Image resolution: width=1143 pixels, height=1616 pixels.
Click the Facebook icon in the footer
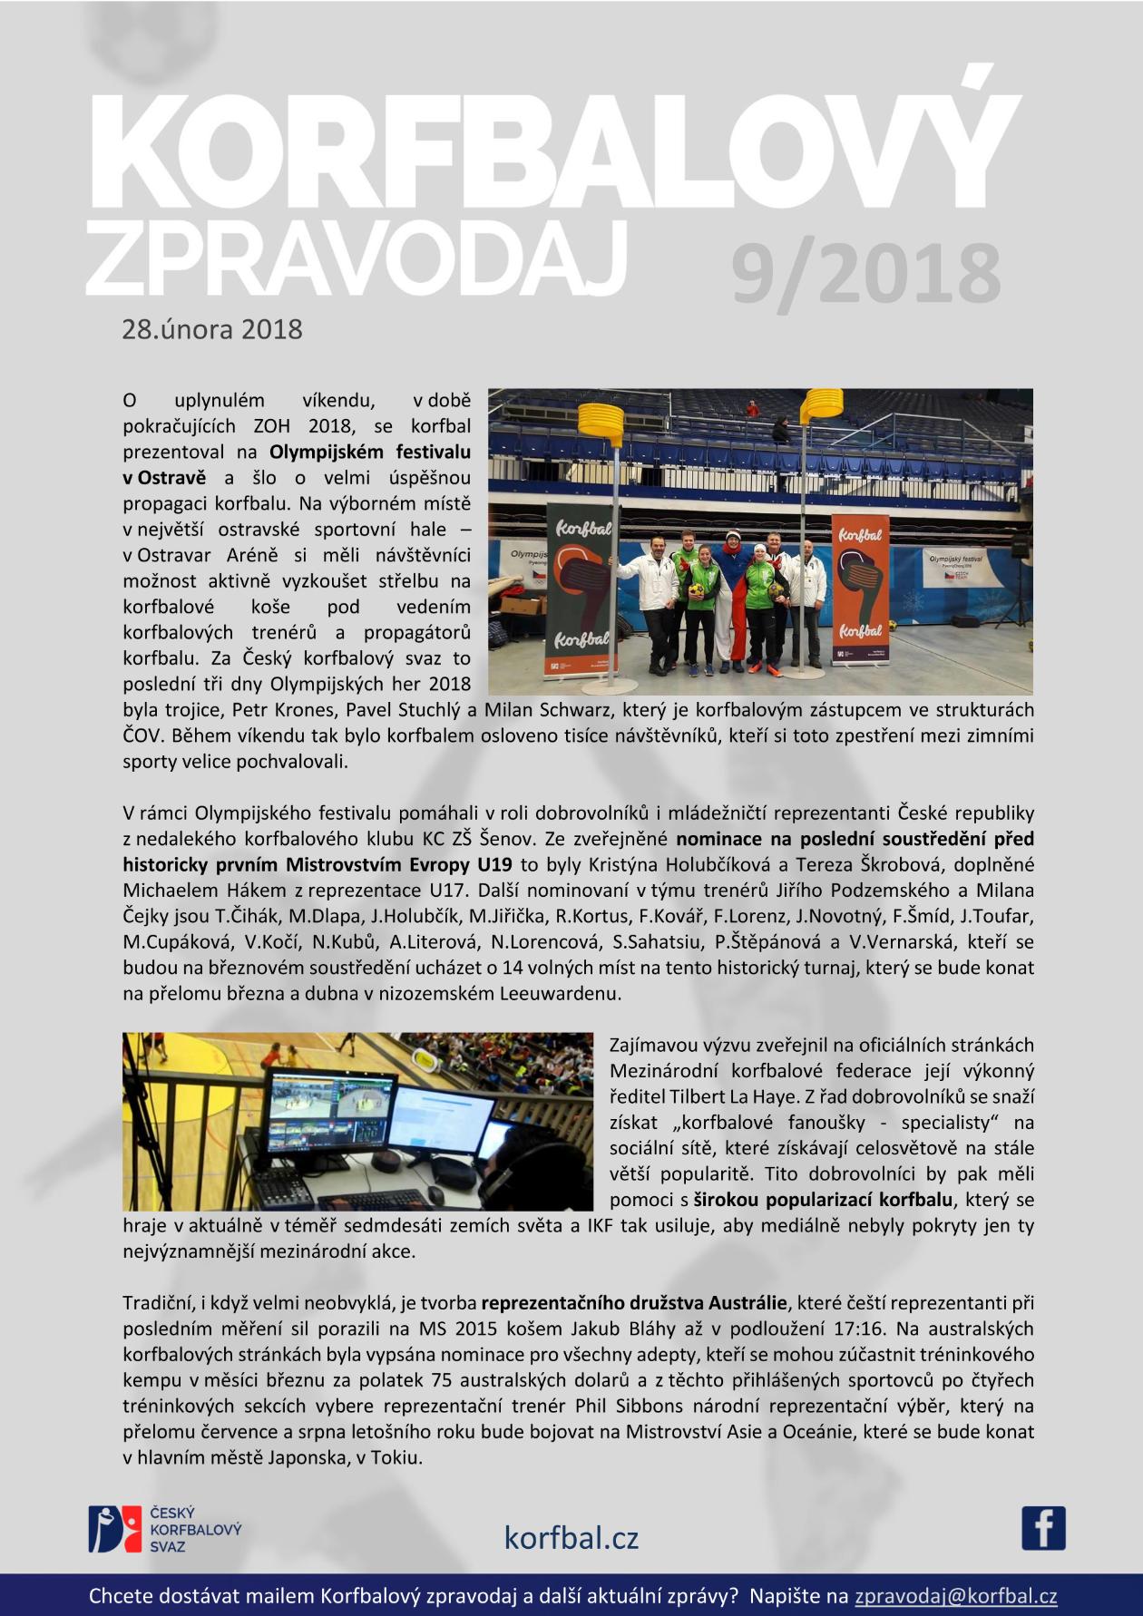[x=1043, y=1528]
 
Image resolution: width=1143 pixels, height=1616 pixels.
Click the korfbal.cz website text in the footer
[x=571, y=1537]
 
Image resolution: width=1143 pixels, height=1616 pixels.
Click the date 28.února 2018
[x=212, y=328]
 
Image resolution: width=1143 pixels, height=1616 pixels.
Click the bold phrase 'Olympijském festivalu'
[x=370, y=452]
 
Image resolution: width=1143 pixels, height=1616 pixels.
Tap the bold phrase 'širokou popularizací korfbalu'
[x=823, y=1200]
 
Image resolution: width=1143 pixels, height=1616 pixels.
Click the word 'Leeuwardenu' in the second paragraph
[x=560, y=993]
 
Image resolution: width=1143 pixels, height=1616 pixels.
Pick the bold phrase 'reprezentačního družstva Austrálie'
[x=634, y=1303]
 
